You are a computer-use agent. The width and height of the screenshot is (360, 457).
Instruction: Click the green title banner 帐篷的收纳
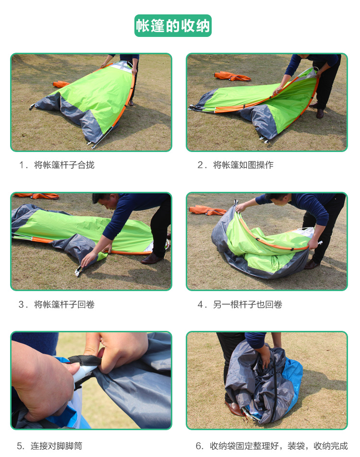tap(173, 25)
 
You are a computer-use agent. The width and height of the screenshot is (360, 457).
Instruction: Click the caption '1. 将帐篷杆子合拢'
tap(57, 165)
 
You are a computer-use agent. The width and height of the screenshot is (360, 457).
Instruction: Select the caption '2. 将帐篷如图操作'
tap(235, 165)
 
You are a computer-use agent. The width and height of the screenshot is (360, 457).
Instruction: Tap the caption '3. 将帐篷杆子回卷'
tap(57, 305)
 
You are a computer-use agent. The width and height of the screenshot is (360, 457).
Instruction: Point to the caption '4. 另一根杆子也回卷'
tap(240, 305)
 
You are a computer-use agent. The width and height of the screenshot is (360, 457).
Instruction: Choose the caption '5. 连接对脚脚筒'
tap(49, 446)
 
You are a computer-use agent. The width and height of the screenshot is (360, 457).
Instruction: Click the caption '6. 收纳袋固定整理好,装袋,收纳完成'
tap(272, 446)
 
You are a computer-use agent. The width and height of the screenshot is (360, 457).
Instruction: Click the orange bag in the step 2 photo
tap(232, 76)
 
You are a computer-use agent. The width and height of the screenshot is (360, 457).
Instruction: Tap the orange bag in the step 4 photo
tap(207, 211)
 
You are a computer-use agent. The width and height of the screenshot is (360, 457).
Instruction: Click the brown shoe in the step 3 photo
tap(152, 259)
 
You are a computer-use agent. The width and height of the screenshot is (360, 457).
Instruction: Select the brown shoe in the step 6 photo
tap(233, 409)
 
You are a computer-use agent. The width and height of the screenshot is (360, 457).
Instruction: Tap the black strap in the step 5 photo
tap(85, 360)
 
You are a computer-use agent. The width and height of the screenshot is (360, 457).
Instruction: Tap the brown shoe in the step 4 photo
tap(312, 265)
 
